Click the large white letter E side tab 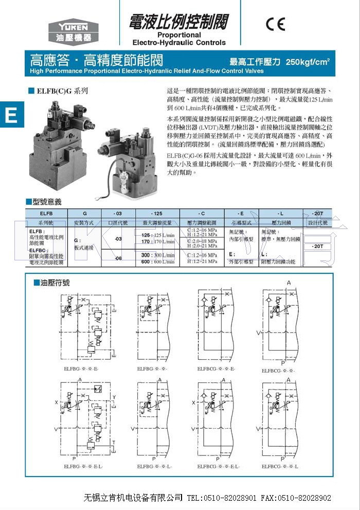point(11,115)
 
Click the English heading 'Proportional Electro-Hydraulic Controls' point(178,39)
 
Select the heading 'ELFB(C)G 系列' point(62,91)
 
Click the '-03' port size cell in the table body point(118,239)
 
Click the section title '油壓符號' point(54,283)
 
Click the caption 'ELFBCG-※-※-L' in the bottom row point(280,466)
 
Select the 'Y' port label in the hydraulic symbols point(114,396)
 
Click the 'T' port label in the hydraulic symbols point(114,442)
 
